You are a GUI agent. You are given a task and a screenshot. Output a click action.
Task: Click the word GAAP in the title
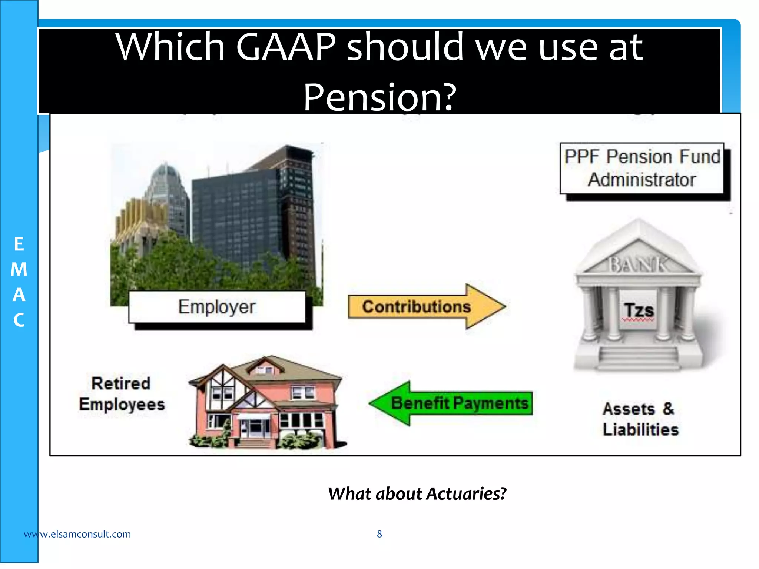coord(285,47)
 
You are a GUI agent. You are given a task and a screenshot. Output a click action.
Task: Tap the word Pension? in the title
coord(379,97)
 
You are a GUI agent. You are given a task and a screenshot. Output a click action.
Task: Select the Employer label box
coord(217,307)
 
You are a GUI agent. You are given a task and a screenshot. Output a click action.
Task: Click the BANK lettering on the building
coord(638,264)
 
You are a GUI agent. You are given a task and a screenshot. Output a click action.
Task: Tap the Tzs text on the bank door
coord(638,310)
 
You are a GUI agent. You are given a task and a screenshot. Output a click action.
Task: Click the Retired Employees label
coord(122,394)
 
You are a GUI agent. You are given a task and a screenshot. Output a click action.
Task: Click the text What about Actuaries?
coord(417,494)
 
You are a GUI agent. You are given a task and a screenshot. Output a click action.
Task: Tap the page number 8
coord(379,534)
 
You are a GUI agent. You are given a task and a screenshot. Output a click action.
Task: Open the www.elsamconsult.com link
coord(77,534)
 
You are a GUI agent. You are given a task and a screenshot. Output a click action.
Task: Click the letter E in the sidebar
coord(19,244)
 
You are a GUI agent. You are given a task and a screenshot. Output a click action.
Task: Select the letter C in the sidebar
coord(19,320)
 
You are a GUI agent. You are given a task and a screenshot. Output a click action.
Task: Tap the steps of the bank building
coord(638,357)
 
